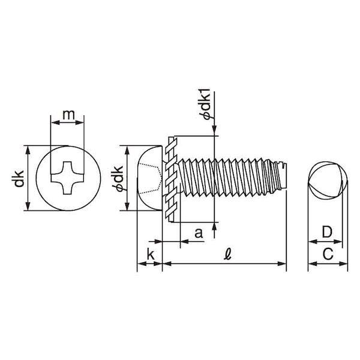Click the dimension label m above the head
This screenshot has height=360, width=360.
[68, 115]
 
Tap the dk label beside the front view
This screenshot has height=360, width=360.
[18, 178]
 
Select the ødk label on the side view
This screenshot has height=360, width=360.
[119, 178]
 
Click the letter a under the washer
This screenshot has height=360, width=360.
[199, 233]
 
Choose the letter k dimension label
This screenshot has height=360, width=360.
[151, 254]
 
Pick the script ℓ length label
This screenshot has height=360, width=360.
[227, 254]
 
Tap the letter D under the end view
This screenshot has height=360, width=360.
[327, 232]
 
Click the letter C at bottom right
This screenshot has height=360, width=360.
[328, 254]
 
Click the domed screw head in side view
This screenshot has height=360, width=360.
[149, 178]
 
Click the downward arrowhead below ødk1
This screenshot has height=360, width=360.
[214, 130]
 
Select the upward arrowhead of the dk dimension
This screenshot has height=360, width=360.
[28, 150]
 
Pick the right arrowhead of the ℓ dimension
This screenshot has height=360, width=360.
[282, 263]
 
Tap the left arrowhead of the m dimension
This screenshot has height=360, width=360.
[55, 122]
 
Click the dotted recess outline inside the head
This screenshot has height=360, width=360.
[150, 178]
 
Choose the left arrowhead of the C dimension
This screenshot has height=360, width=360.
[313, 263]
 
